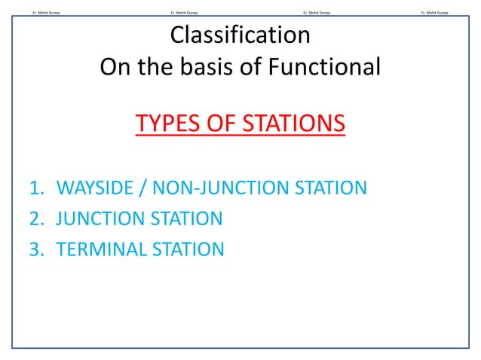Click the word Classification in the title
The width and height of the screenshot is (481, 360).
point(240,35)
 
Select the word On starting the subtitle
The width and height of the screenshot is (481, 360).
point(114,67)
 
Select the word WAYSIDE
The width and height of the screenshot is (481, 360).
point(96,188)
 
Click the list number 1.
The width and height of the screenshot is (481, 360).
point(35,188)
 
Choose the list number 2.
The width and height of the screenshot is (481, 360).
point(35,218)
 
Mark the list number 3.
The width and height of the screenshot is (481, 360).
point(35,249)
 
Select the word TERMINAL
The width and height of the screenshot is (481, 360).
point(102,249)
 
